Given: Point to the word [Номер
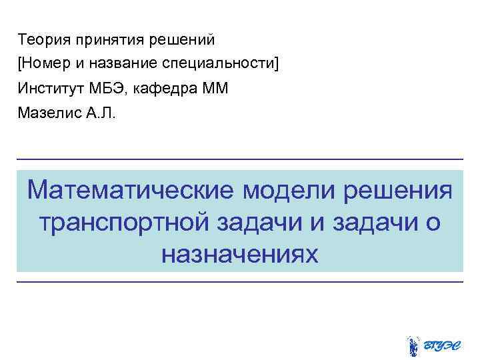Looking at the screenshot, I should pyautogui.click(x=43, y=63).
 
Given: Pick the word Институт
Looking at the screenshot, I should pyautogui.click(x=51, y=88).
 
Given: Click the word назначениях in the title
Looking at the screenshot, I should pyautogui.click(x=240, y=253).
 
